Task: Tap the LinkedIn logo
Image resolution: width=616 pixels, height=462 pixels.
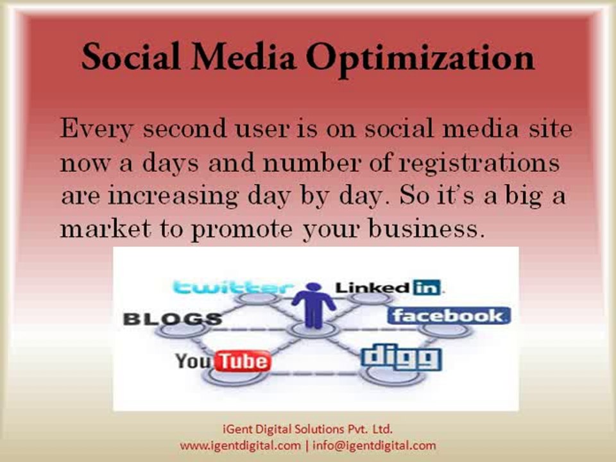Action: click(x=389, y=287)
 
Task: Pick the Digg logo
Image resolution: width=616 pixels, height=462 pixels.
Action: click(x=401, y=358)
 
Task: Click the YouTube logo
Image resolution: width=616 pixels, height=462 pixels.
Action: click(x=223, y=361)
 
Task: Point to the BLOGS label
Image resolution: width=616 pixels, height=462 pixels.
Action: click(x=172, y=319)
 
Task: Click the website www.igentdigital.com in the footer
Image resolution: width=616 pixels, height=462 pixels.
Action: click(x=240, y=445)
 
